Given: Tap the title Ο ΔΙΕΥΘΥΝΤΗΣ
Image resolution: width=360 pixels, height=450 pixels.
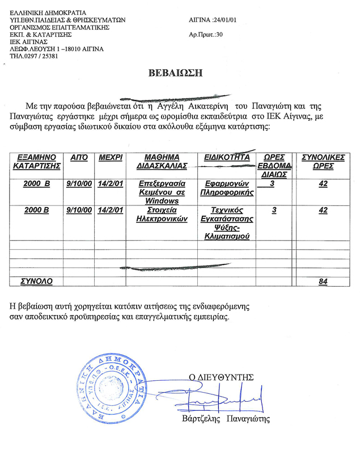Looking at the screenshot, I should (222, 376).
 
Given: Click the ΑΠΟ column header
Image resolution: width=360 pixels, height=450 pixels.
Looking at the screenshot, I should (78, 157).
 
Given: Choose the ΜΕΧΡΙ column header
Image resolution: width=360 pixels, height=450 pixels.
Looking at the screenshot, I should (111, 157).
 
